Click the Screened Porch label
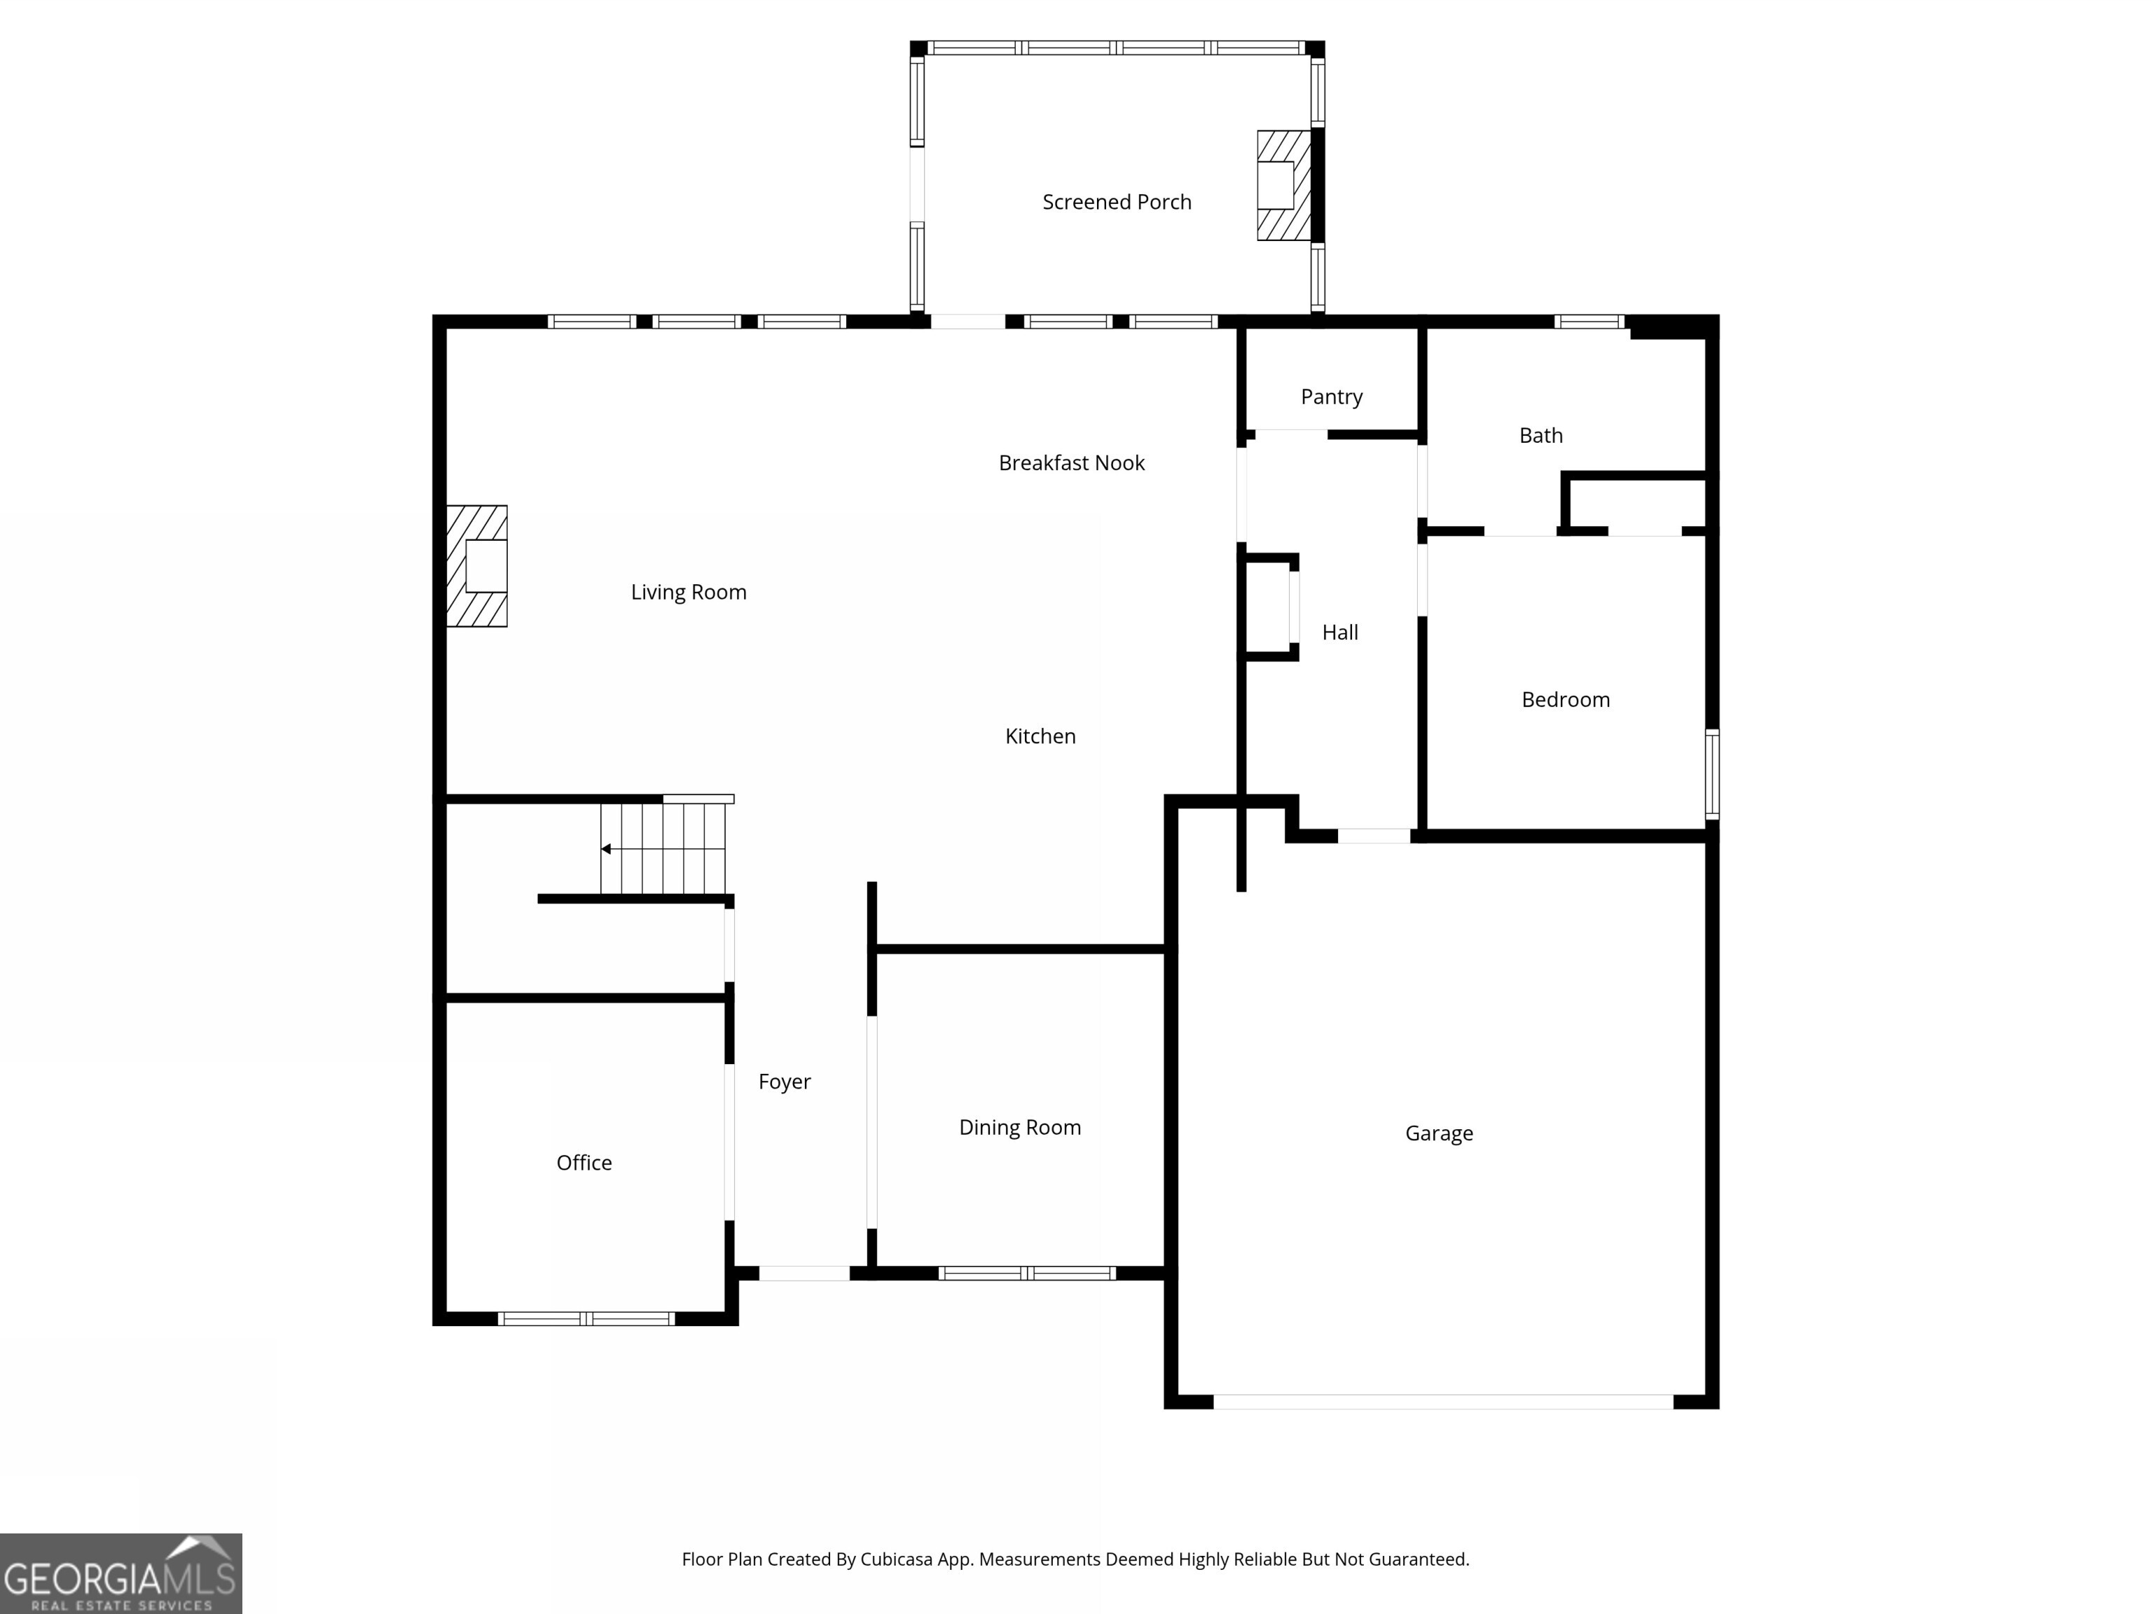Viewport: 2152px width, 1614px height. pos(1116,202)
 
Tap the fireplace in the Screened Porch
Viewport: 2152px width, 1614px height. pos(1283,185)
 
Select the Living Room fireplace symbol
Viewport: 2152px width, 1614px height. pos(478,565)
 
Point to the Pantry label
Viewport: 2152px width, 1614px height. pos(1331,397)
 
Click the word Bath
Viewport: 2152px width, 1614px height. pos(1541,436)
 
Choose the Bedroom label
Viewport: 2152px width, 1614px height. pos(1566,700)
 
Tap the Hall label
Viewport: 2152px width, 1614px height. pos(1339,633)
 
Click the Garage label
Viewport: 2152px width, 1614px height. pos(1439,1133)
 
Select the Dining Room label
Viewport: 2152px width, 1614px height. pos(1019,1128)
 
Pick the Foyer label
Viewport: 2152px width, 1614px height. pos(784,1082)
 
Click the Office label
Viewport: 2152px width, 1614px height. pos(584,1163)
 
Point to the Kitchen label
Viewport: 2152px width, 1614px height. pos(1040,736)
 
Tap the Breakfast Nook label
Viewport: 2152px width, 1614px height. pos(1071,463)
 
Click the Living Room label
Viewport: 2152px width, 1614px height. pos(688,593)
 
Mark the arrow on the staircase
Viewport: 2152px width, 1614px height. pos(606,849)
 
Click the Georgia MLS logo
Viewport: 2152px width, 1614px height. pos(120,1573)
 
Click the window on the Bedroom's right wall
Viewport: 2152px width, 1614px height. pos(1712,773)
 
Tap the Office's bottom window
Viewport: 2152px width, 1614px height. pos(586,1319)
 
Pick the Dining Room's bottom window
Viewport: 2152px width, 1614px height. pos(1026,1274)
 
